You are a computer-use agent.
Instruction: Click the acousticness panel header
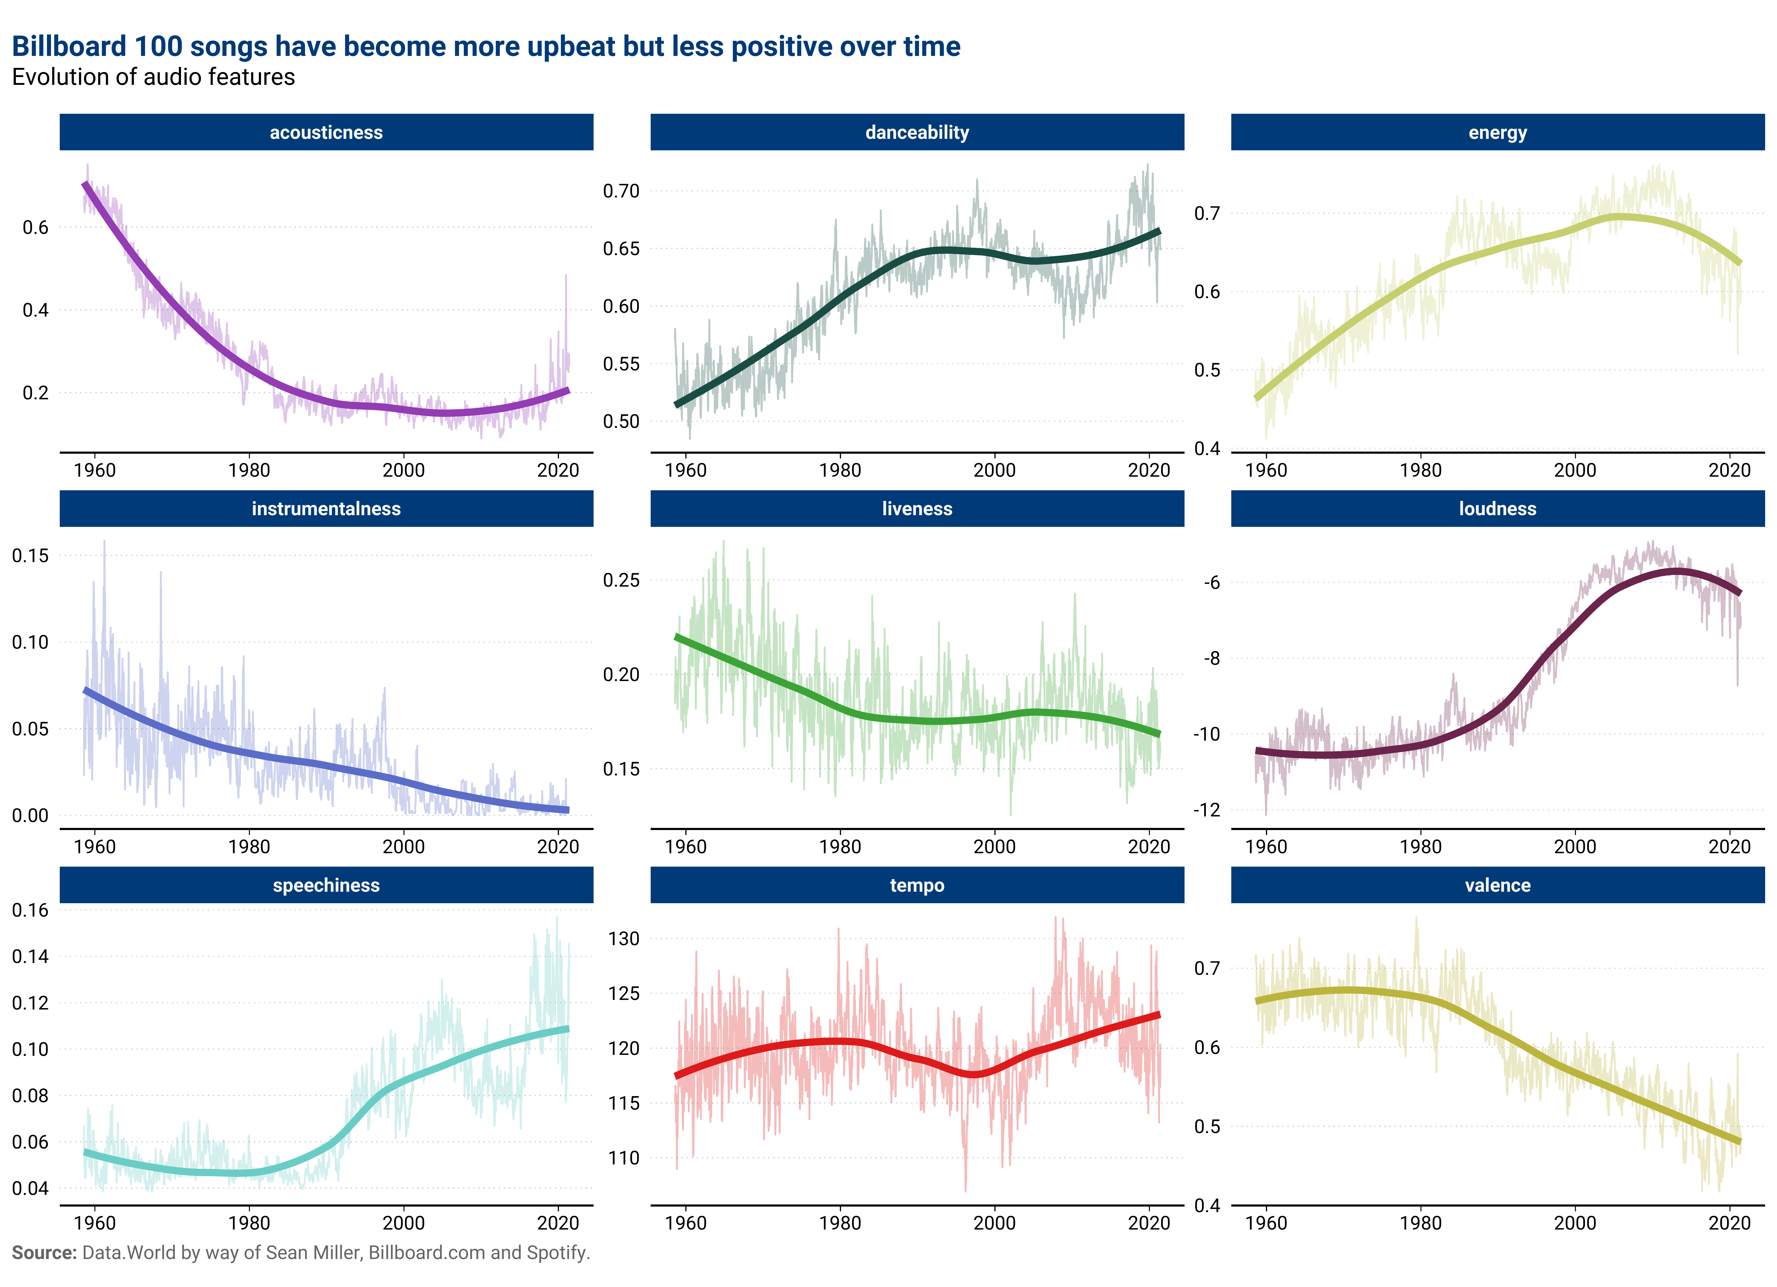(326, 133)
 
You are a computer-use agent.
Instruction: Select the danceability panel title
(917, 133)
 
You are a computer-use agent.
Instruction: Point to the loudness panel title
(1497, 509)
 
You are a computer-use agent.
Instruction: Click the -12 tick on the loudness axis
(1207, 810)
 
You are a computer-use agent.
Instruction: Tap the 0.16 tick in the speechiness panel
(30, 910)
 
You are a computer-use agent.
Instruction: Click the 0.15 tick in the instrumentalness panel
(30, 556)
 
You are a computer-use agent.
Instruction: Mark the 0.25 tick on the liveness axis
(621, 580)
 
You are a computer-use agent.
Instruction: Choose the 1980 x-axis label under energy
(1420, 470)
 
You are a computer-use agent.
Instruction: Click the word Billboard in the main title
(69, 47)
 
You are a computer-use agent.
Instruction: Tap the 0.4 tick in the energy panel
(1207, 448)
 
